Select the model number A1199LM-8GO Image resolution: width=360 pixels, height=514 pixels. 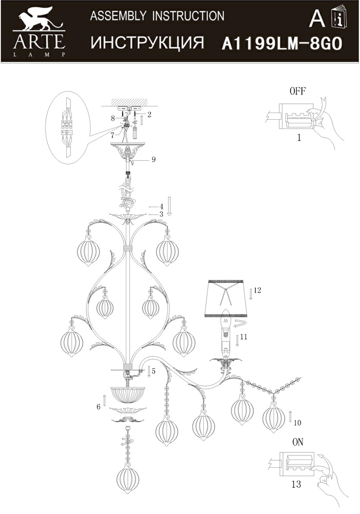[x=282, y=44]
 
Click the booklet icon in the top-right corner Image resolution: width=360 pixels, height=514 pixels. [x=339, y=17]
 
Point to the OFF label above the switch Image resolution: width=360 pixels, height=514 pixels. [x=297, y=91]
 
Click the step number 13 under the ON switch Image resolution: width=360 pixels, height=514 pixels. [x=296, y=484]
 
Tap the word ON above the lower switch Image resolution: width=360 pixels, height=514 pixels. [x=298, y=442]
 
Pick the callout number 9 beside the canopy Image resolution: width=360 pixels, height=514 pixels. [x=154, y=160]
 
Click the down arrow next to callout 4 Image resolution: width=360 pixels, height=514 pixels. [x=169, y=206]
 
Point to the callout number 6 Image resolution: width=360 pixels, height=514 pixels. [x=98, y=407]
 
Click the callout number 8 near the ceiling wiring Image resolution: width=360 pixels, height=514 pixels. [x=112, y=118]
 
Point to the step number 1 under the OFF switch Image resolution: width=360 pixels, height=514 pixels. [x=299, y=138]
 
